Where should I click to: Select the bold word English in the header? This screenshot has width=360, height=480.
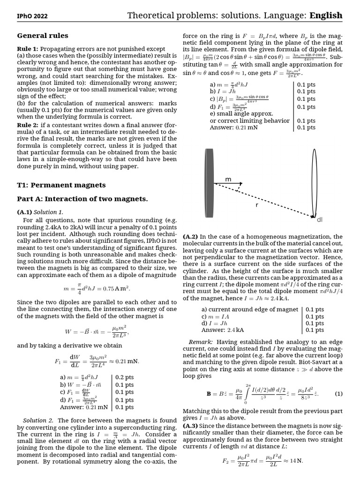326,16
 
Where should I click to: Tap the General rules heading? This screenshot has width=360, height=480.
43,36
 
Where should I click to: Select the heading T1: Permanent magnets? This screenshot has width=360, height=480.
61,185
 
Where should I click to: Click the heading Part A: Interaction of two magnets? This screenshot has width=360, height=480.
82,199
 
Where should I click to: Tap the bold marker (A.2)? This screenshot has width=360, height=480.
192,237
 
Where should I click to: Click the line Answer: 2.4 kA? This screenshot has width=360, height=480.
223,330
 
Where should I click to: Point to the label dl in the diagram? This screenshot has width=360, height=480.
320,219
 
